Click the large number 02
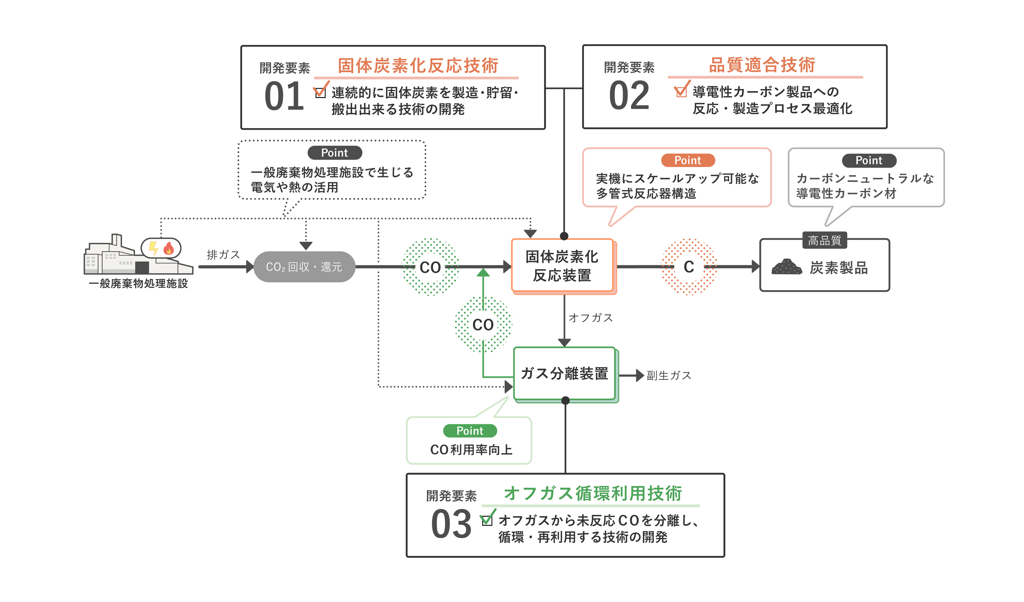coord(629,96)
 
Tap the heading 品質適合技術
coord(762,65)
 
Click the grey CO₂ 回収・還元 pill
coord(304,267)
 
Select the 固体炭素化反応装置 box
coord(562,266)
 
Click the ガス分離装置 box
coord(565,374)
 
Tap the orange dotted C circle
coord(689,267)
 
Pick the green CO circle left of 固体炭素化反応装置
coord(430,267)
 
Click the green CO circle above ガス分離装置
coord(483,324)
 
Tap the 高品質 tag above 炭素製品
coord(824,240)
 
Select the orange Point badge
coord(688,160)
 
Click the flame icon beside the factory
coord(169,248)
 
